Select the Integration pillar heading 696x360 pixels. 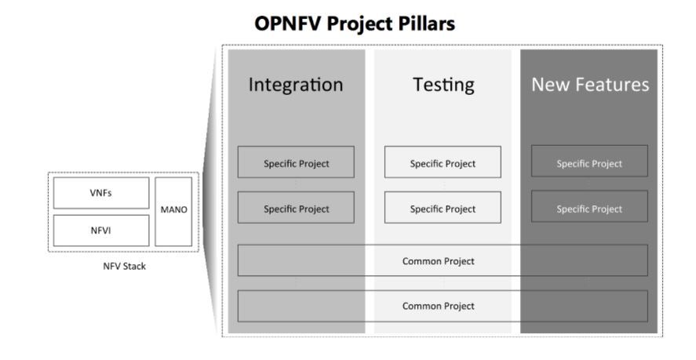(296, 85)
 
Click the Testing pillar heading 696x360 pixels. (443, 85)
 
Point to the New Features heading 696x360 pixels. (590, 85)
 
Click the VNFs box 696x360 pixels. (101, 193)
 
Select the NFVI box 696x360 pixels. (101, 231)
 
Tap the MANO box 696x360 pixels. (173, 212)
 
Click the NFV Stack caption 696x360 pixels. (124, 267)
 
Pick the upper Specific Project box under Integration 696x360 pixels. (296, 162)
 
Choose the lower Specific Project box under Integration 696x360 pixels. (296, 207)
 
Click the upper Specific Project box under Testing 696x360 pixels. (443, 162)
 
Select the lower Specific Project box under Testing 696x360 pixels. (443, 207)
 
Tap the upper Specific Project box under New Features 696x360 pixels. (589, 161)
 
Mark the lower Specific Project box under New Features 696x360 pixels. (589, 206)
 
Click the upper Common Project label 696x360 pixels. (438, 261)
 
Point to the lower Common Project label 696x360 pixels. (438, 307)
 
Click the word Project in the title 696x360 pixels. (359, 24)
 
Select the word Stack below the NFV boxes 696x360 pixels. (134, 267)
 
